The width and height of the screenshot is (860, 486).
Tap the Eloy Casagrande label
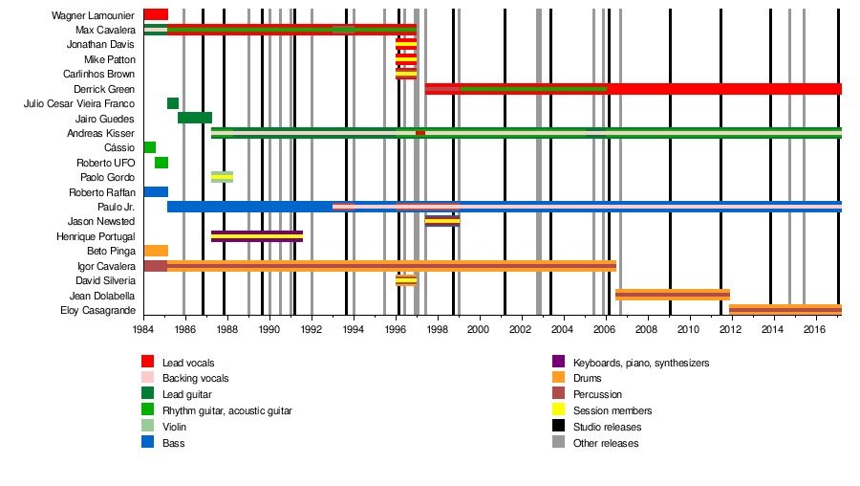pyautogui.click(x=98, y=310)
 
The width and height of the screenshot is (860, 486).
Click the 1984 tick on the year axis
pyautogui.click(x=144, y=329)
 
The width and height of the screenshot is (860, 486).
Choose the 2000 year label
pyautogui.click(x=478, y=329)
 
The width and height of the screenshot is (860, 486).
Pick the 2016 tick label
pyautogui.click(x=813, y=329)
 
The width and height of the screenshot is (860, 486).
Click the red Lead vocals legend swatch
pyautogui.click(x=147, y=362)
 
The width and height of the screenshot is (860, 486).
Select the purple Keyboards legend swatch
pyautogui.click(x=558, y=362)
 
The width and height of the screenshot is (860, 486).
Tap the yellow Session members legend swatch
pyautogui.click(x=558, y=410)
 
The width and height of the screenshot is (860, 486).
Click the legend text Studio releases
pyautogui.click(x=607, y=427)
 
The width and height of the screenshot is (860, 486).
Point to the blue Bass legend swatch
pyautogui.click(x=147, y=443)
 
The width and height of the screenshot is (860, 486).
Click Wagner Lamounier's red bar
pyautogui.click(x=156, y=14)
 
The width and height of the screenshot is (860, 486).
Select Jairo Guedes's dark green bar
pyautogui.click(x=195, y=118)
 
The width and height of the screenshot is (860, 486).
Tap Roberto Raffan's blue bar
pyautogui.click(x=156, y=191)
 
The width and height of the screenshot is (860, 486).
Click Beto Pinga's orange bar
pyautogui.click(x=156, y=251)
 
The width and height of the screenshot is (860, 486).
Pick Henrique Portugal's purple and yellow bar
pyautogui.click(x=257, y=235)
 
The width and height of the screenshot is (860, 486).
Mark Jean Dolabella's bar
pyautogui.click(x=673, y=295)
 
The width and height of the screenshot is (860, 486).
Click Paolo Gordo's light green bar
pyautogui.click(x=222, y=177)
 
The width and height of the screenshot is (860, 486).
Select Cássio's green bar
pyautogui.click(x=150, y=147)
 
